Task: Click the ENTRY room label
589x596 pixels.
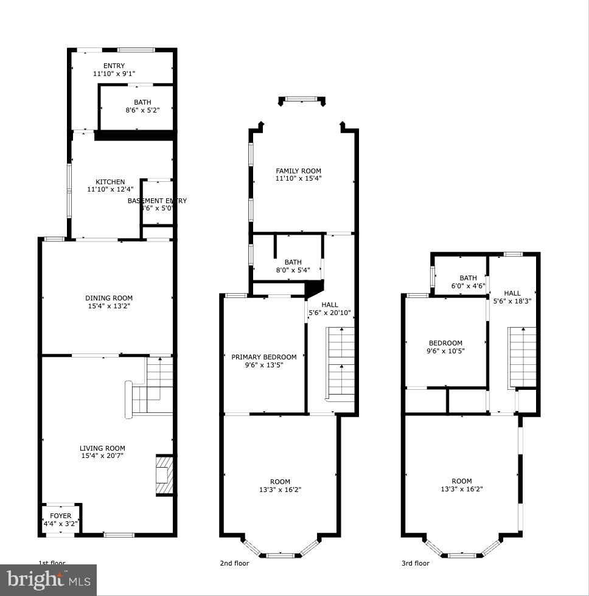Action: pyautogui.click(x=114, y=66)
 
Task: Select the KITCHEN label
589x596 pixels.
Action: pyautogui.click(x=110, y=182)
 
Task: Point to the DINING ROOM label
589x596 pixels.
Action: pyautogui.click(x=109, y=298)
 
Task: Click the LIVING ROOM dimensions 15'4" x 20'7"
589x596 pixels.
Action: pyautogui.click(x=103, y=456)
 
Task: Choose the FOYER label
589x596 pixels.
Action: pyautogui.click(x=60, y=516)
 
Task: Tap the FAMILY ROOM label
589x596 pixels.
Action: pyautogui.click(x=298, y=172)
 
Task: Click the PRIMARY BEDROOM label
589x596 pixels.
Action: pyautogui.click(x=264, y=357)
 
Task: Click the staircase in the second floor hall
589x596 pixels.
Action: pyautogui.click(x=340, y=363)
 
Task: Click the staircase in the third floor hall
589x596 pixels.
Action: pyautogui.click(x=522, y=357)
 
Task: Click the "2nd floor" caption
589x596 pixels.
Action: pyautogui.click(x=234, y=564)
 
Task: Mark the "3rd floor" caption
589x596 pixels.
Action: pyautogui.click(x=415, y=564)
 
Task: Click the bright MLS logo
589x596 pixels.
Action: pyautogui.click(x=49, y=581)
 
